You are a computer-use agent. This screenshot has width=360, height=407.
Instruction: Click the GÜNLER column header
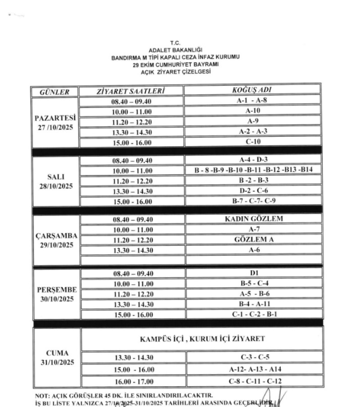[54, 92]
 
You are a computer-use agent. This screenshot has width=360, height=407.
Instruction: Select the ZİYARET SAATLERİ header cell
[131, 91]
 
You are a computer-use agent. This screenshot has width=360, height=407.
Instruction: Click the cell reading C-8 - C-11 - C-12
[253, 381]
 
